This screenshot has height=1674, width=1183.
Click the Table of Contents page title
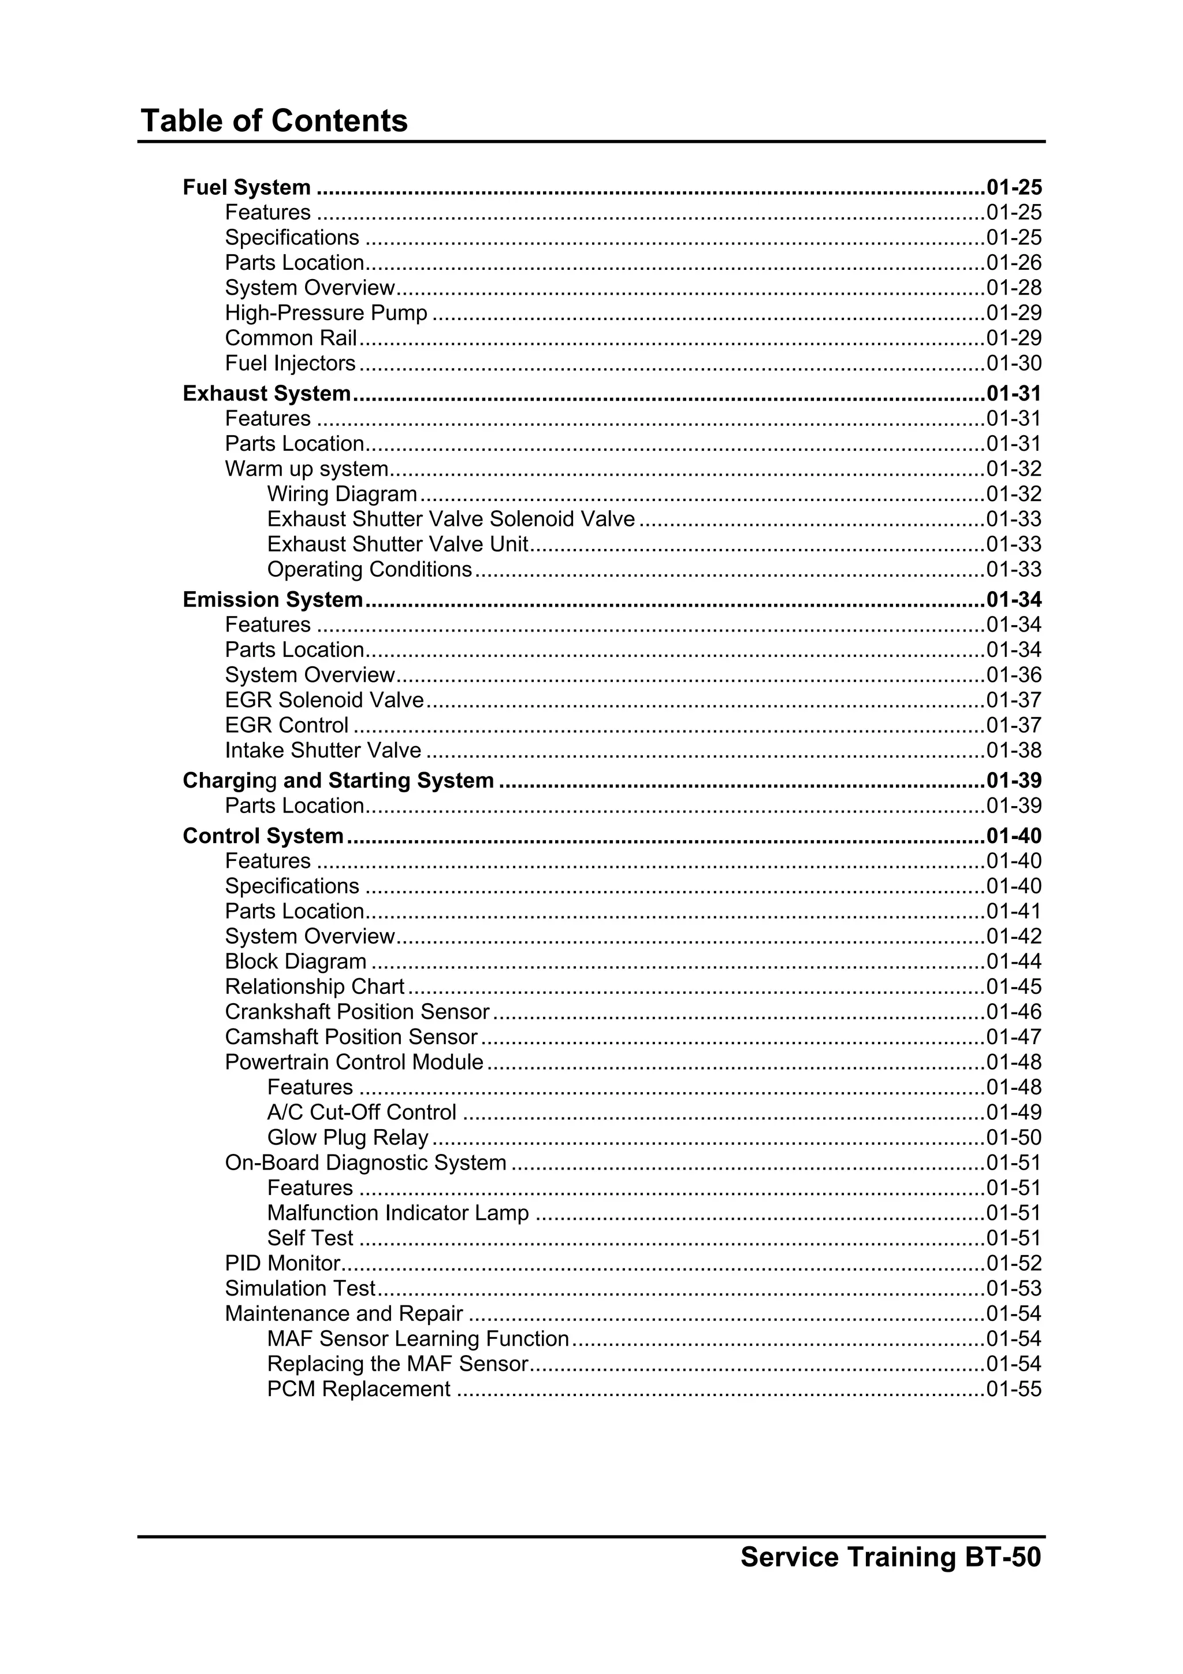pyautogui.click(x=274, y=120)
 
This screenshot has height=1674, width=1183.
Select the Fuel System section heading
pyautogui.click(x=247, y=187)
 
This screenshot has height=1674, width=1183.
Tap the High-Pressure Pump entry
pyautogui.click(x=326, y=313)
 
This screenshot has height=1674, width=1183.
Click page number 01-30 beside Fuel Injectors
pyautogui.click(x=1013, y=363)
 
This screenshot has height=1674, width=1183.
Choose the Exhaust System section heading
pyautogui.click(x=267, y=394)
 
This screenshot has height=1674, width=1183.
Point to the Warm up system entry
pyautogui.click(x=306, y=469)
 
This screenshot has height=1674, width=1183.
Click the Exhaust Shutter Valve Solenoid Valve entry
pyautogui.click(x=451, y=519)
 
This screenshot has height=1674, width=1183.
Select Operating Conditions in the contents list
pyautogui.click(x=370, y=569)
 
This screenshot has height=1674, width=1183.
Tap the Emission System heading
pyautogui.click(x=273, y=599)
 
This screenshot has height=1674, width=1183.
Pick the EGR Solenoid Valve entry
pyautogui.click(x=323, y=700)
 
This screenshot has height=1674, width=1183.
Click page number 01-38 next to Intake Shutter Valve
pyautogui.click(x=1013, y=750)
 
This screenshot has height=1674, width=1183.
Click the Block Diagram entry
pyautogui.click(x=295, y=962)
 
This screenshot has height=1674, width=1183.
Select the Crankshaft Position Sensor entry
pyautogui.click(x=357, y=1012)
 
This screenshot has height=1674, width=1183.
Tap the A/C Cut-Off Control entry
pyautogui.click(x=362, y=1112)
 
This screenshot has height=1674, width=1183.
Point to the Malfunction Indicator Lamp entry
pyautogui.click(x=398, y=1213)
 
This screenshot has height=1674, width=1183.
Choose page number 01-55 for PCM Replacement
pyautogui.click(x=1013, y=1390)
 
